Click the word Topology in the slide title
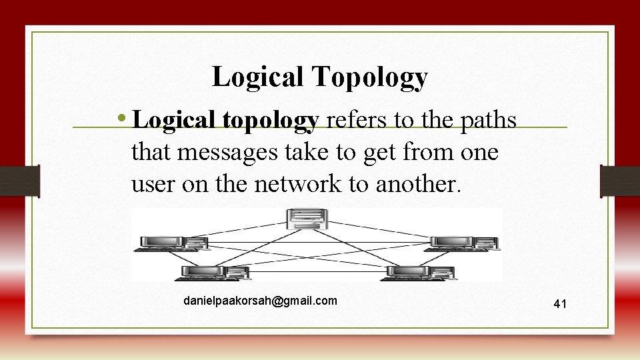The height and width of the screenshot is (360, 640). [x=368, y=78]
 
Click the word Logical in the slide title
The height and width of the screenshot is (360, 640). [x=259, y=77]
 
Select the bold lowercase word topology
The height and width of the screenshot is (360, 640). [x=273, y=121]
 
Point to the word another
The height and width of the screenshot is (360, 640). [x=418, y=185]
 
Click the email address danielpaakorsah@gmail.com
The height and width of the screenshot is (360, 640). [x=260, y=301]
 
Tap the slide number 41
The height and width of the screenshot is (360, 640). [x=560, y=304]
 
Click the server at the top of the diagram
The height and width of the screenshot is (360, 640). [x=307, y=221]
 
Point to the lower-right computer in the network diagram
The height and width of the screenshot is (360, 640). [x=413, y=272]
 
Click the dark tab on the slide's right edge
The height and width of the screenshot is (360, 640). [x=619, y=181]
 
